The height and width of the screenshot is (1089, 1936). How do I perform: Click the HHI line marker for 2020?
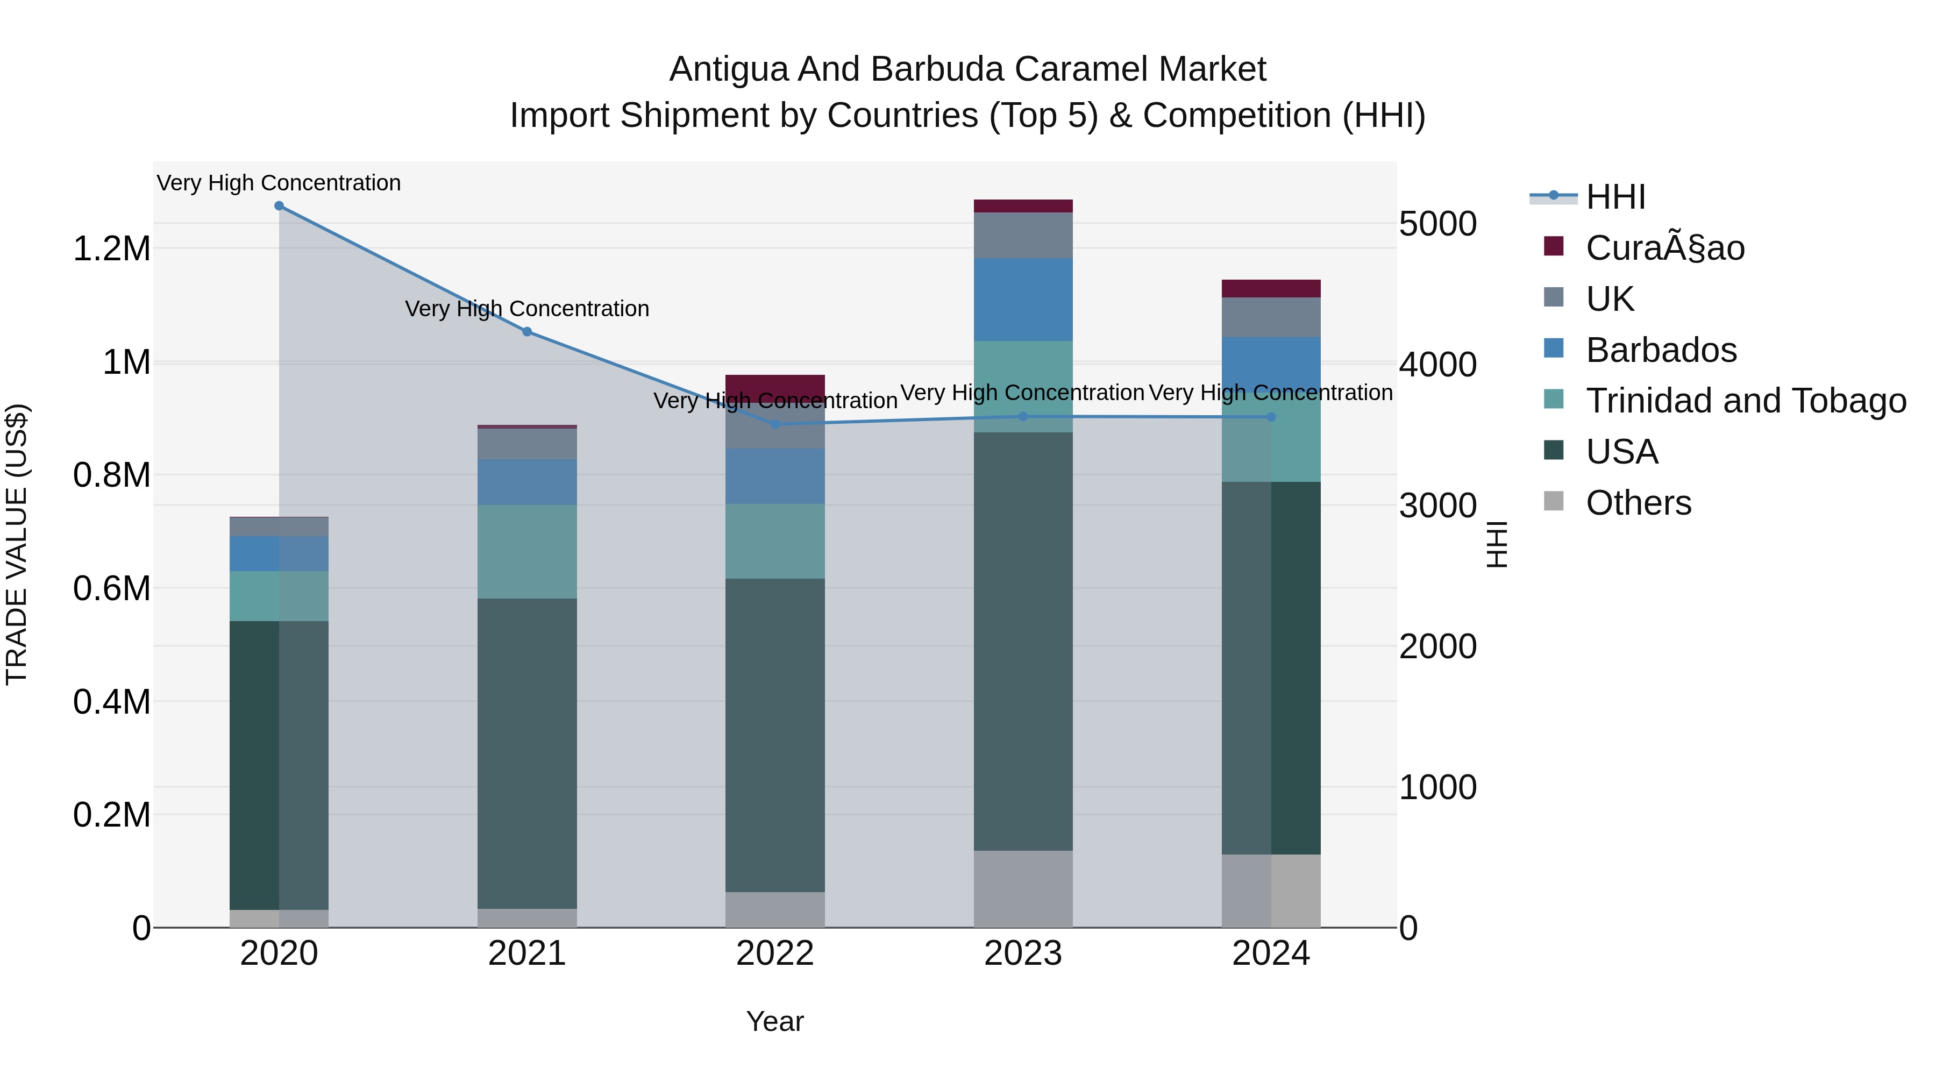pyautogui.click(x=279, y=206)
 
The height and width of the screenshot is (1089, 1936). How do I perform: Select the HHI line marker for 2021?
pyautogui.click(x=527, y=331)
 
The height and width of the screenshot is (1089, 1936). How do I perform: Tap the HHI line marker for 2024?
pyautogui.click(x=1271, y=417)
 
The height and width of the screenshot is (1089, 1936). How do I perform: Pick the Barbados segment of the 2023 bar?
pyautogui.click(x=1023, y=299)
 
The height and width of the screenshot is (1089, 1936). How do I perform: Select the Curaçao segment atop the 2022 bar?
pyautogui.click(x=775, y=385)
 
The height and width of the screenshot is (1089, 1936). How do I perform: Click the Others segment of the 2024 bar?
pyautogui.click(x=1271, y=891)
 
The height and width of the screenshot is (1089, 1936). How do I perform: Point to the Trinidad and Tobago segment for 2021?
pyautogui.click(x=527, y=552)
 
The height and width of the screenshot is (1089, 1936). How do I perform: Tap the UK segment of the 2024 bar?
pyautogui.click(x=1271, y=317)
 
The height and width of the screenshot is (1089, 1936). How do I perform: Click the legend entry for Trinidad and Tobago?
pyautogui.click(x=1745, y=401)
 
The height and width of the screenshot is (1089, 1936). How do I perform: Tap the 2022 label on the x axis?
pyautogui.click(x=775, y=953)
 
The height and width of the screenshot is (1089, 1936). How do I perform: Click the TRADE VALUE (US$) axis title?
pyautogui.click(x=17, y=544)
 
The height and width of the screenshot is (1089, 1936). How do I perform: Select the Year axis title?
pyautogui.click(x=775, y=1021)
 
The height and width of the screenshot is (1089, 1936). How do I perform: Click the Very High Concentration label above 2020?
pyautogui.click(x=279, y=183)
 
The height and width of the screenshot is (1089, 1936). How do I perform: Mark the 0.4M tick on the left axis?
pyautogui.click(x=112, y=702)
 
